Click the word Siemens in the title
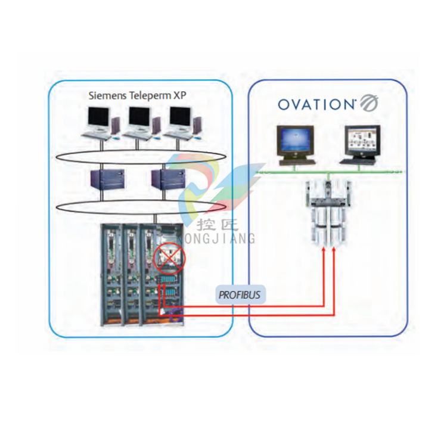click(x=107, y=95)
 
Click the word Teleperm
click(x=150, y=95)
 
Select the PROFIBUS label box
click(x=240, y=294)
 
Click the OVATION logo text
click(x=316, y=104)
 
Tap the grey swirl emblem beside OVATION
click(x=369, y=103)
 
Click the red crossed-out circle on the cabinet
click(x=169, y=258)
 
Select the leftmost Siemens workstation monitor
click(x=98, y=119)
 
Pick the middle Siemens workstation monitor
click(x=139, y=119)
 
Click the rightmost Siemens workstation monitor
click(x=180, y=119)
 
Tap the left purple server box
click(x=107, y=179)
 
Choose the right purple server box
click(x=168, y=179)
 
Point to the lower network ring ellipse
click(x=141, y=200)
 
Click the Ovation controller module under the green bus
click(x=328, y=211)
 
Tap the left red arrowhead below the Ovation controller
click(x=324, y=250)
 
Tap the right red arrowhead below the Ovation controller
click(x=334, y=250)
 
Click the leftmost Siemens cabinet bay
click(x=111, y=274)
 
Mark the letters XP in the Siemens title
click(x=179, y=95)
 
